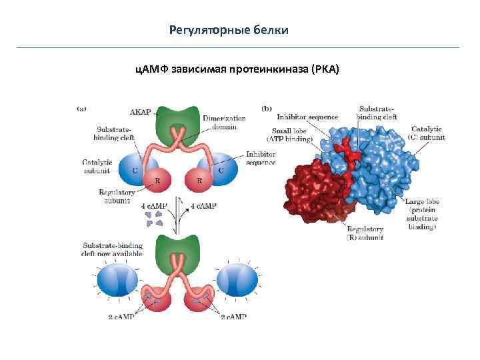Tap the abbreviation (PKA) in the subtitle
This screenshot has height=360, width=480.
click(x=325, y=68)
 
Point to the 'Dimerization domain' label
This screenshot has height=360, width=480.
click(x=224, y=123)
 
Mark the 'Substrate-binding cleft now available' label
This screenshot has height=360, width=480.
click(x=110, y=249)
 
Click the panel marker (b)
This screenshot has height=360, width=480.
click(x=266, y=108)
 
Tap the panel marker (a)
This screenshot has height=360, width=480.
click(x=82, y=107)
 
